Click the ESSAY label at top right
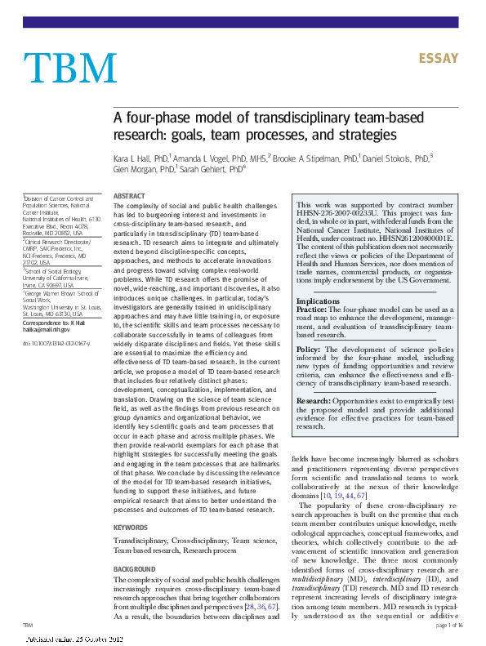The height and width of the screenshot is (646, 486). pos(439,59)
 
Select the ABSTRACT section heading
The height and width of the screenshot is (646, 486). pos(128,197)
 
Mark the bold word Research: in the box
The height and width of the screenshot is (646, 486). pos(314,401)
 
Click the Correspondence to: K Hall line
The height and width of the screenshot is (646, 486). pos(54,323)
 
